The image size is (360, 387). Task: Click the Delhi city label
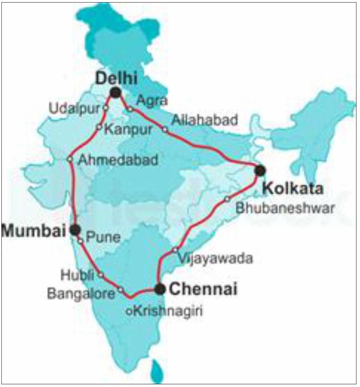116,79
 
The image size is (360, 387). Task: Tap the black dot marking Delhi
116,92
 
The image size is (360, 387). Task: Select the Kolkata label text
293,188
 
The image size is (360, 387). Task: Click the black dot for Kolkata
260,170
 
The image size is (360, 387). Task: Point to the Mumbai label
34,231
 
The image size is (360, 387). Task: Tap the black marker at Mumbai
75,229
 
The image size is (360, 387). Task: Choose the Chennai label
203,289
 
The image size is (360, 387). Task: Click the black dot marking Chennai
160,289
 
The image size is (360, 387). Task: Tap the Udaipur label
75,108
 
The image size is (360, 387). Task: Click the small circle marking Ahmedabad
70,159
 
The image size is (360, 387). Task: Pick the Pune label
103,237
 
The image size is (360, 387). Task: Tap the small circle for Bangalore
121,289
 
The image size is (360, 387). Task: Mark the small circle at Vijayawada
175,250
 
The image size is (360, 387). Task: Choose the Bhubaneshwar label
284,208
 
